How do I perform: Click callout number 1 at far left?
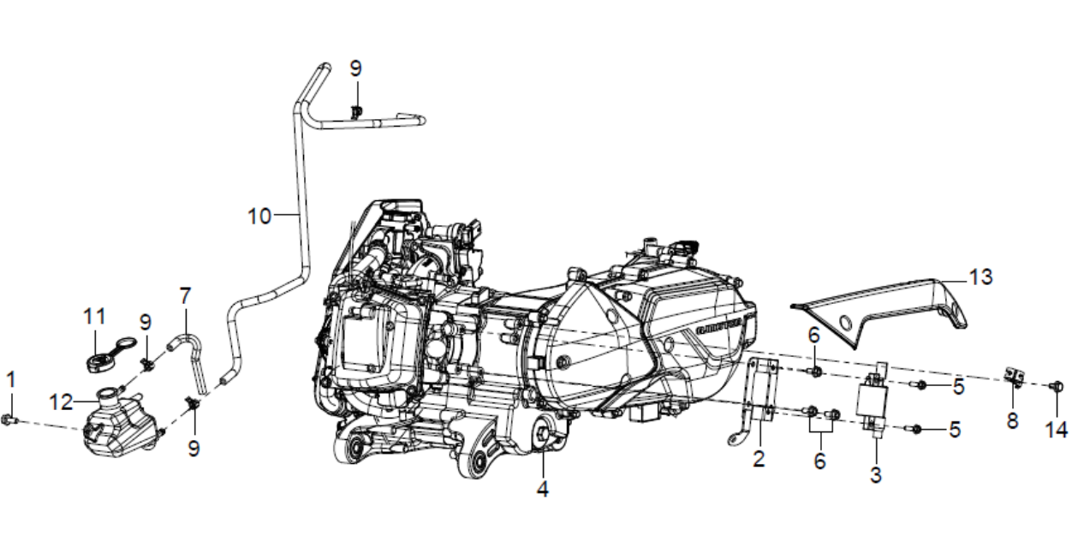tap(11, 380)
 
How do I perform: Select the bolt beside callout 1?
tap(9, 420)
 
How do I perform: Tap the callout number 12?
tap(62, 402)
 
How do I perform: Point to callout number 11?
tap(94, 317)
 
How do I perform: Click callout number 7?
tap(185, 296)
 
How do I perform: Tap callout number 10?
tap(259, 217)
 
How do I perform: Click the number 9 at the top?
tap(356, 68)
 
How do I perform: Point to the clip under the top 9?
tap(356, 112)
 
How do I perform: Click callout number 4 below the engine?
tap(542, 489)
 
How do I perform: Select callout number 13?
tap(980, 277)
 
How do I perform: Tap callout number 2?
tap(759, 459)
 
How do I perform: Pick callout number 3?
tap(876, 475)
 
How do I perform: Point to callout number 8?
tap(1012, 421)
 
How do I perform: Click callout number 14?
tap(1057, 429)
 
